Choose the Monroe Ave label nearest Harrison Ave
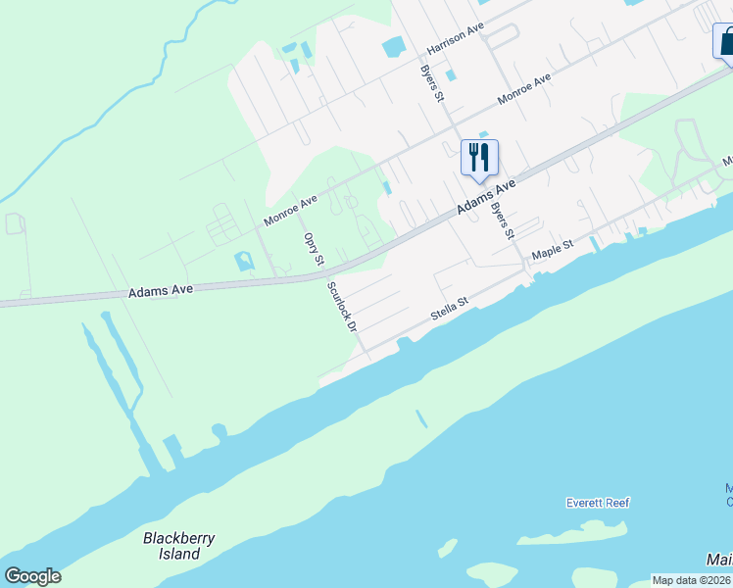coord(524,89)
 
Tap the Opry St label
coord(314,249)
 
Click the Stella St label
coord(451,311)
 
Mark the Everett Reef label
coord(598,503)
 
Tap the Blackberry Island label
coord(179,546)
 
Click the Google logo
coord(32,576)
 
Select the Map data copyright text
coord(691,580)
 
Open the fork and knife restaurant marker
coord(479,159)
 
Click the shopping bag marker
coord(725,41)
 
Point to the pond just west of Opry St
coord(243,262)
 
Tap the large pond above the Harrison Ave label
coord(393,46)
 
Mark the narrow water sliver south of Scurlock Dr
coord(421,419)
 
